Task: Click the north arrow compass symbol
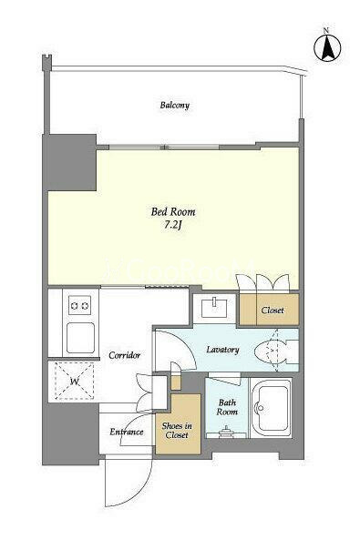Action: click(327, 47)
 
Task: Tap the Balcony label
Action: click(175, 105)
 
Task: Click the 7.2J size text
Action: click(173, 225)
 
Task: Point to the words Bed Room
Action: click(173, 211)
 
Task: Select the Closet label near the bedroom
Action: click(273, 310)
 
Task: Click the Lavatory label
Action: click(222, 350)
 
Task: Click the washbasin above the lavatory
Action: click(214, 308)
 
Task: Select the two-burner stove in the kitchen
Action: click(79, 305)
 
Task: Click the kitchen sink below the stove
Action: click(80, 338)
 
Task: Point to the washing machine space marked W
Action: click(74, 381)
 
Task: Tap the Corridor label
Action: click(125, 355)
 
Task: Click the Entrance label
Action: click(126, 432)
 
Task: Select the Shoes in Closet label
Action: click(177, 431)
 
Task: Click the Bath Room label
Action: click(227, 407)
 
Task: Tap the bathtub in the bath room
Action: click(271, 408)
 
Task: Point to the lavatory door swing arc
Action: click(186, 348)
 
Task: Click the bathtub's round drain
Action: click(261, 408)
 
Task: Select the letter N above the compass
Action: click(326, 30)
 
